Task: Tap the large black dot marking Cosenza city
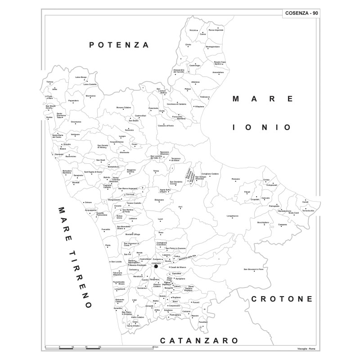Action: [x=156, y=266]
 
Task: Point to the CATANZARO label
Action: [x=199, y=341]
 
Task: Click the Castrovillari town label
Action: [x=135, y=116]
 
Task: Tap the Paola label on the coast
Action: [x=108, y=245]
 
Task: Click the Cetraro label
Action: [x=88, y=202]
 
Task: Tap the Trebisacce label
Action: [x=205, y=97]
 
